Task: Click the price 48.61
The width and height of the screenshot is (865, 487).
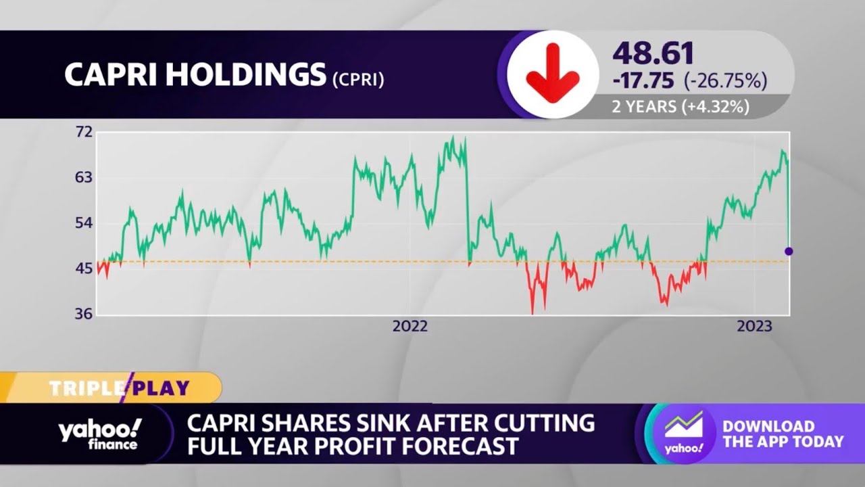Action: tap(653, 54)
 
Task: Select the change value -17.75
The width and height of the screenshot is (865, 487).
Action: tap(643, 81)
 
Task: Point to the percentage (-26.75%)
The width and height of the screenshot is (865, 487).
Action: tap(725, 81)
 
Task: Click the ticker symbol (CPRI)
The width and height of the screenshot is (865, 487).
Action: tap(358, 80)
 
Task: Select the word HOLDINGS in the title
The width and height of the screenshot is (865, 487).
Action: tap(245, 76)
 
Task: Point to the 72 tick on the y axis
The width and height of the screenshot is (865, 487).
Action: tap(83, 132)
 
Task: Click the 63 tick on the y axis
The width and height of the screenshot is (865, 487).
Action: tap(83, 177)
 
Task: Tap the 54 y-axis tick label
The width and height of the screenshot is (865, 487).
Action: tap(83, 223)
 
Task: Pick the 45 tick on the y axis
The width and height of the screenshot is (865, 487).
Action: tap(83, 269)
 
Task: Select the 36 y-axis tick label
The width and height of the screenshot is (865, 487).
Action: tap(83, 315)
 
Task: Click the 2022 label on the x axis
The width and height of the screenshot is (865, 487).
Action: tap(410, 327)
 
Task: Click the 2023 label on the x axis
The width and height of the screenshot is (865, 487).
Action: tap(754, 327)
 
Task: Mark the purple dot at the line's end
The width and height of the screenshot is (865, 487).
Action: tap(789, 252)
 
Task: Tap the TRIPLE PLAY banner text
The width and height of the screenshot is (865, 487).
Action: tap(119, 388)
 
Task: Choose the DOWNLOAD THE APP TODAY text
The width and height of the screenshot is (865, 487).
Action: tap(783, 434)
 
